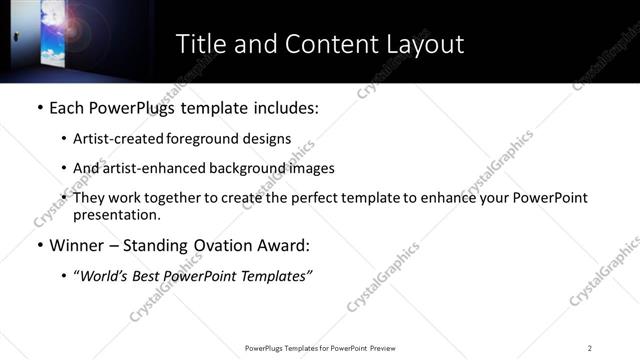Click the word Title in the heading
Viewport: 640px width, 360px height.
199,44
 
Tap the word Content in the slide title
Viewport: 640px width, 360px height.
318,44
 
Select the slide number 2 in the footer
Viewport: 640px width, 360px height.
590,347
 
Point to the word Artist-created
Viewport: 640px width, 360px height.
113,140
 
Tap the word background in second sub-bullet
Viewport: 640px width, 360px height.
254,168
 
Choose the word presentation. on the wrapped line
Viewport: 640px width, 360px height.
116,215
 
